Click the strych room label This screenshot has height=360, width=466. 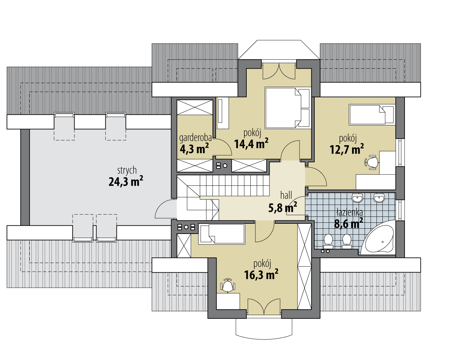[127, 171]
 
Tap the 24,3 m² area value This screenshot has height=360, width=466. [126, 181]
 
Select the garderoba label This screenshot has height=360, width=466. [196, 138]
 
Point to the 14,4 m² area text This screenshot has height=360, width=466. [251, 144]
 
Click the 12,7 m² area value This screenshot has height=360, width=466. [346, 149]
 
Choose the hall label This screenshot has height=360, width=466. [286, 195]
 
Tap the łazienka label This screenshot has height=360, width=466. [349, 213]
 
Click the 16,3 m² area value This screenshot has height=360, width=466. [261, 275]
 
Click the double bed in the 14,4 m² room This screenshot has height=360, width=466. [288, 108]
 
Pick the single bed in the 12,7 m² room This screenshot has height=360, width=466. [372, 115]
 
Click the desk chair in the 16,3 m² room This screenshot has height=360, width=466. [227, 285]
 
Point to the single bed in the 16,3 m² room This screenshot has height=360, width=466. [222, 234]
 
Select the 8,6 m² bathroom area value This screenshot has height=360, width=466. [348, 224]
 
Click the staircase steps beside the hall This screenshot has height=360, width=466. [234, 186]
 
